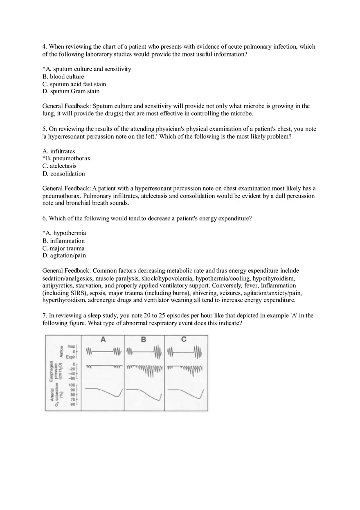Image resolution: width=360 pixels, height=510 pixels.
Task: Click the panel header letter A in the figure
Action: (x=103, y=339)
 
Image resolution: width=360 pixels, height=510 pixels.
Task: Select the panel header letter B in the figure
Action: (x=144, y=339)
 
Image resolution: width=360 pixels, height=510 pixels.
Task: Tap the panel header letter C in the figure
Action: (x=184, y=339)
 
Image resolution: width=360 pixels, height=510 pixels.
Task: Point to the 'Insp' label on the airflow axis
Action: (x=72, y=346)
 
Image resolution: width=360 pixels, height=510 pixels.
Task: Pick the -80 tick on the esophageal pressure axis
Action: (x=72, y=378)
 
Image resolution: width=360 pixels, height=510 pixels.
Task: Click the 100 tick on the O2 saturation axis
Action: (x=72, y=385)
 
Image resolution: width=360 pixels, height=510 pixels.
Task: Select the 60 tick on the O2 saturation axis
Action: (x=72, y=404)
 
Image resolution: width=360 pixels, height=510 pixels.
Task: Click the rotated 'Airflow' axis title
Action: (x=61, y=351)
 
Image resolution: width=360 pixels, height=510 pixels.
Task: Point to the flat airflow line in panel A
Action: (x=103, y=351)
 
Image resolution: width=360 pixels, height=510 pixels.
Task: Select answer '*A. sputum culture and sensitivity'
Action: (x=87, y=69)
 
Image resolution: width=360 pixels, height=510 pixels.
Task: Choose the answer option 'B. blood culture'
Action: (x=63, y=76)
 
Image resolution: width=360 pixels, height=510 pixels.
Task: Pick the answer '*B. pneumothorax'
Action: (x=66, y=158)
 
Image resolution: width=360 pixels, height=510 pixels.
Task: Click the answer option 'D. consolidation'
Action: (x=63, y=174)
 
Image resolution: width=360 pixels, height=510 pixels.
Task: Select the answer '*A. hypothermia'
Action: (x=64, y=233)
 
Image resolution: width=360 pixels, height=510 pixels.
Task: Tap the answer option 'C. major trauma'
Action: (x=63, y=248)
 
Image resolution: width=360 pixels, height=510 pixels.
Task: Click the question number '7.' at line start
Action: (x=45, y=316)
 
